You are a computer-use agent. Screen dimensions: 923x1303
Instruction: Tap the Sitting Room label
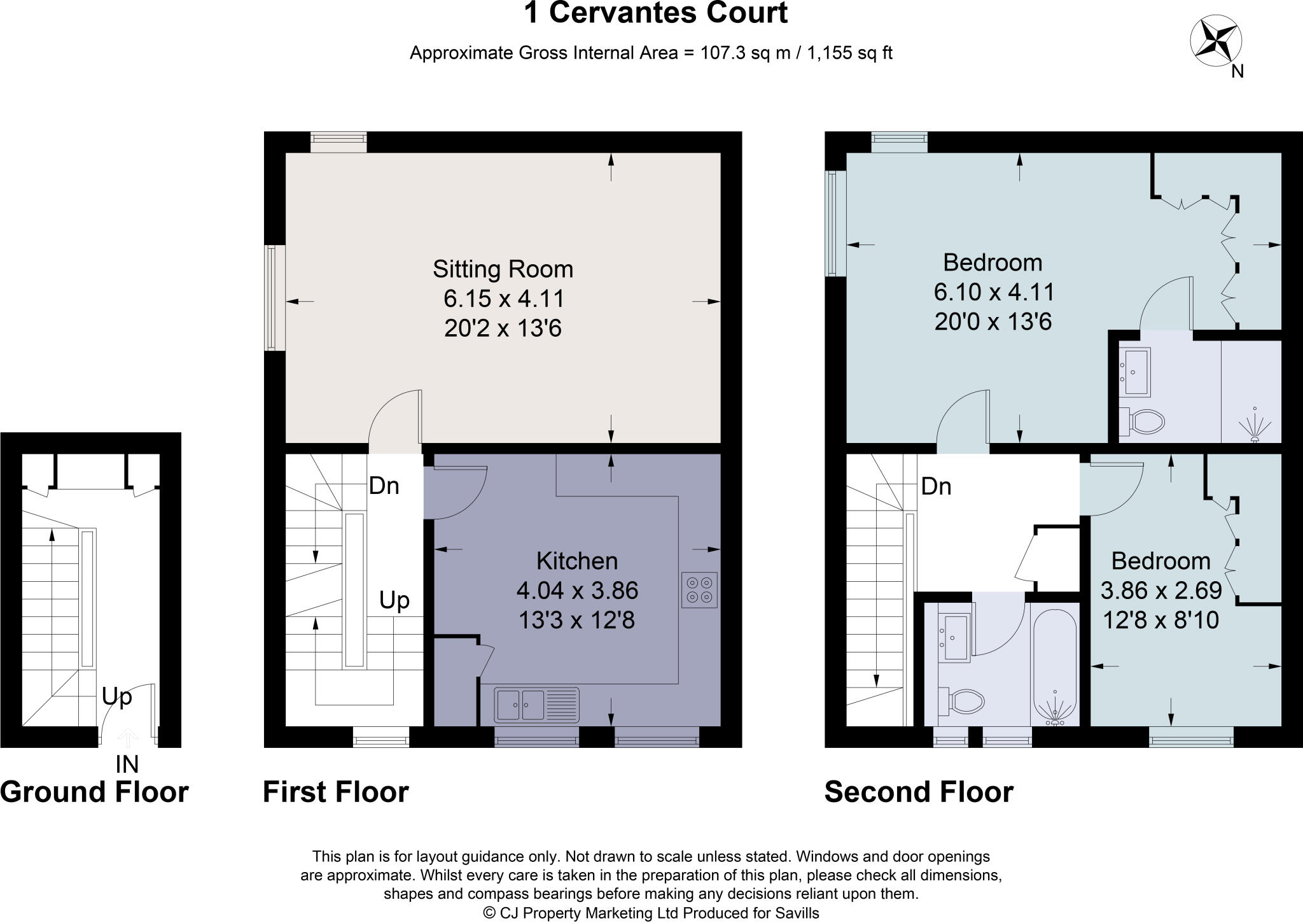coord(503,269)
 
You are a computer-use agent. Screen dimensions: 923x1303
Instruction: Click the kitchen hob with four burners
coord(699,590)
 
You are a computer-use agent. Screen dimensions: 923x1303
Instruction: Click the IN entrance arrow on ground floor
coord(128,738)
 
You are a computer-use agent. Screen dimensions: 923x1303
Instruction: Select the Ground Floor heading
coord(94,793)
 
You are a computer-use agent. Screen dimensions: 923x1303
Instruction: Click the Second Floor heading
coord(918,793)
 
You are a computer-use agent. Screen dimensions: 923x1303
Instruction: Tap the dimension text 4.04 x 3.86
coord(577,591)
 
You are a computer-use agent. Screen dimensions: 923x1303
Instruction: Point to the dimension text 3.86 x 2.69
coord(1160,591)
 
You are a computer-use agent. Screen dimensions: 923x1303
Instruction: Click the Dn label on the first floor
coord(384,486)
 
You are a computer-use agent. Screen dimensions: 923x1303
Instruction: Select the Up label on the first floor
coord(394,600)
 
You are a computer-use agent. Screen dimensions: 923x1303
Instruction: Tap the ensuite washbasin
coord(1137,372)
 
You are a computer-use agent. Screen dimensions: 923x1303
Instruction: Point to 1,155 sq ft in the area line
coord(849,53)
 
